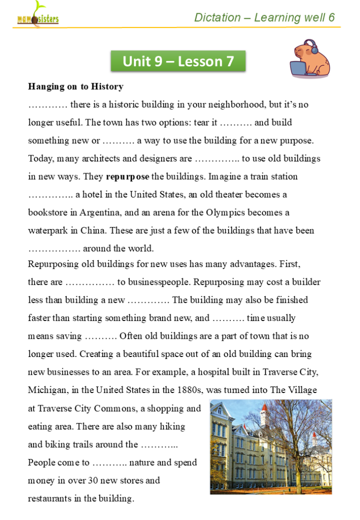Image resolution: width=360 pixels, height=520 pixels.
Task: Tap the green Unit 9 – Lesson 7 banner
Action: pyautogui.click(x=178, y=61)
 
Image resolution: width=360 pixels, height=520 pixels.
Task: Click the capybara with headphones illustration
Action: pyautogui.click(x=310, y=59)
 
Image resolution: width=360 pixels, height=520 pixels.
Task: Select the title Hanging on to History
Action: pyautogui.click(x=76, y=87)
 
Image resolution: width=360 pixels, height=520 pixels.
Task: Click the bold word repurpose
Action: pyautogui.click(x=127, y=177)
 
